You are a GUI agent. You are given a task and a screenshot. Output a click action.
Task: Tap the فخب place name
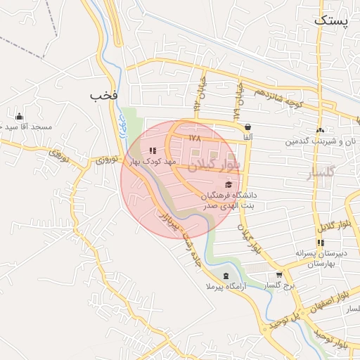tap(103, 94)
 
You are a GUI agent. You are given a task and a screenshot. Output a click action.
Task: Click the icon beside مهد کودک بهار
tap(153, 150)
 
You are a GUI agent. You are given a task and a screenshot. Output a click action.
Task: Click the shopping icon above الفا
tap(248, 127)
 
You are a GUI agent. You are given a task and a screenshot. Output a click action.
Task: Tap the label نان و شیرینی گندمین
tap(321, 141)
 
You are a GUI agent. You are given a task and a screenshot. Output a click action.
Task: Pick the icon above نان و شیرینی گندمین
tap(321, 130)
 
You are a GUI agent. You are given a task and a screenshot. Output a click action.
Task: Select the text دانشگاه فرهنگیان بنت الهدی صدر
tap(229, 200)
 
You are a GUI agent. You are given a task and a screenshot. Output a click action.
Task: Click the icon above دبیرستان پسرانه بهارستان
tap(321, 243)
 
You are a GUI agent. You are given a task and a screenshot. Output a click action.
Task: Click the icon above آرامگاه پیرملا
tap(225, 276)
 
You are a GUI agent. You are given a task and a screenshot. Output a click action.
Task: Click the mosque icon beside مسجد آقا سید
tap(18, 117)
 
